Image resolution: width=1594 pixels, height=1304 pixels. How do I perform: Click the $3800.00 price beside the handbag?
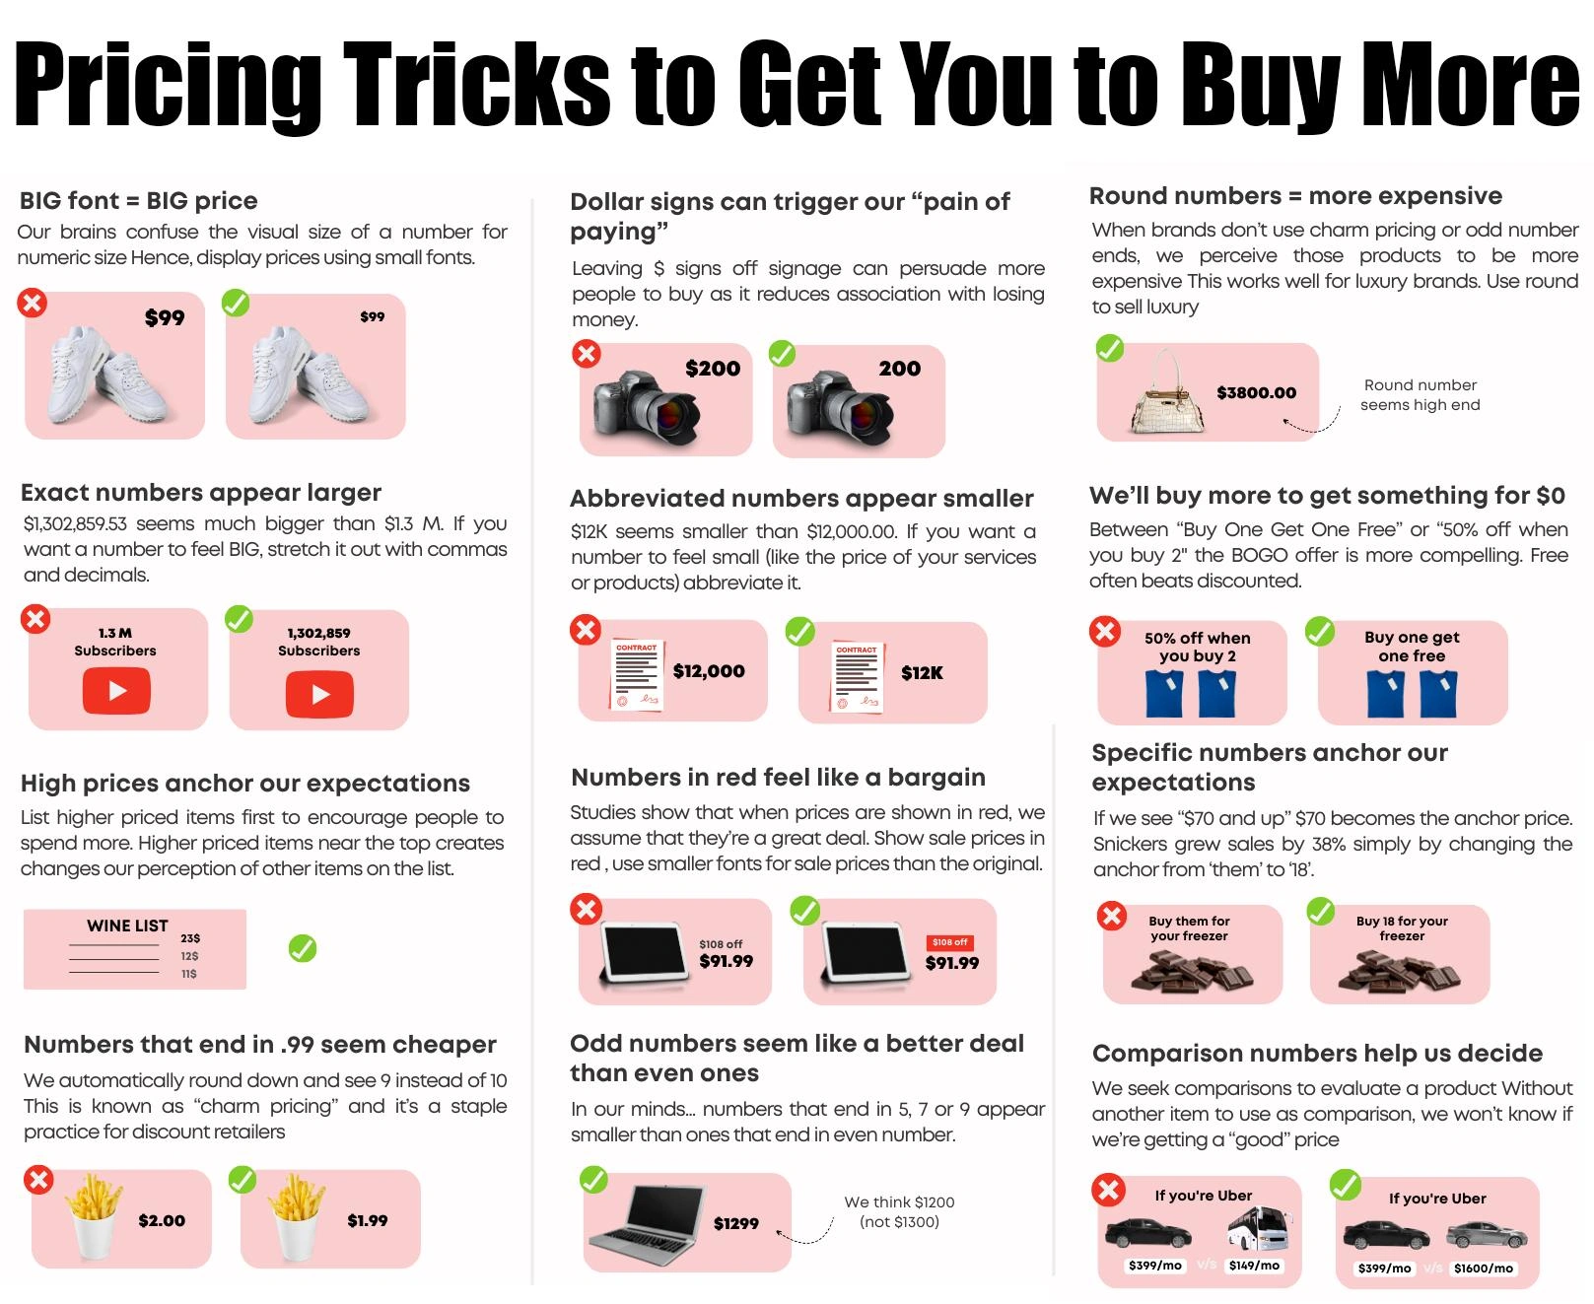point(1256,392)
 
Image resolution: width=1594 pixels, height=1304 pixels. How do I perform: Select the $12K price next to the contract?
point(922,672)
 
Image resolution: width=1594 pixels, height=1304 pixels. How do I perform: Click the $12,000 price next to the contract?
point(709,671)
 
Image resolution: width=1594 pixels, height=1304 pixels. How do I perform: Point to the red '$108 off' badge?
point(950,942)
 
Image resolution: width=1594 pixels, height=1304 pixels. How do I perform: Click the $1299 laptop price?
point(736,1223)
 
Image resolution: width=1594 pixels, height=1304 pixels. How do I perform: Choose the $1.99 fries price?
point(368,1220)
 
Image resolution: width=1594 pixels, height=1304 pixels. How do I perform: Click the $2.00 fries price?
point(162,1220)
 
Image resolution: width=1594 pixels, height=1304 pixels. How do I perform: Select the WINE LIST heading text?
point(127,926)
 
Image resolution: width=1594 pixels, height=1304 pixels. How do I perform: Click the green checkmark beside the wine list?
point(303,948)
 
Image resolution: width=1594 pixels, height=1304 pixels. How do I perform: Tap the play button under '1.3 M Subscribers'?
point(116,690)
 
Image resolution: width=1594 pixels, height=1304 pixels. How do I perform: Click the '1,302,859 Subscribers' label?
point(319,642)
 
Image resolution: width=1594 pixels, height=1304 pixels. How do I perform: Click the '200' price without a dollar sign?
point(900,369)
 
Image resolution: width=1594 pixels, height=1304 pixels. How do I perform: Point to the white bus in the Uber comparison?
point(1260,1229)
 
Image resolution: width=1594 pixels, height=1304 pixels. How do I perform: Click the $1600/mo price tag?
point(1484,1269)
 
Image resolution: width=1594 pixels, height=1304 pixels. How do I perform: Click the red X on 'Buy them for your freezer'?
point(1112,916)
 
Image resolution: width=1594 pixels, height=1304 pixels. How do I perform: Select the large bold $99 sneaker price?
point(165,317)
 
